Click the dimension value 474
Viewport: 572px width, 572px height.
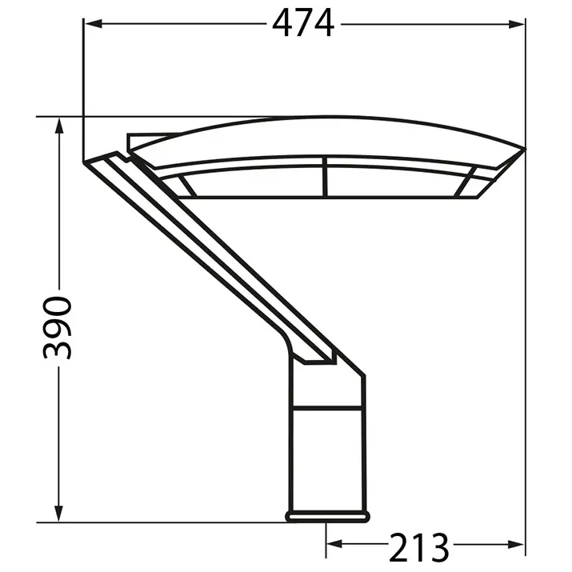tap(302, 24)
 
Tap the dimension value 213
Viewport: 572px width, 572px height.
tap(419, 546)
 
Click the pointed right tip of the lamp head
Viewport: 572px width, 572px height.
tap(524, 148)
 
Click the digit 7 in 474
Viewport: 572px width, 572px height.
tap(302, 24)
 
